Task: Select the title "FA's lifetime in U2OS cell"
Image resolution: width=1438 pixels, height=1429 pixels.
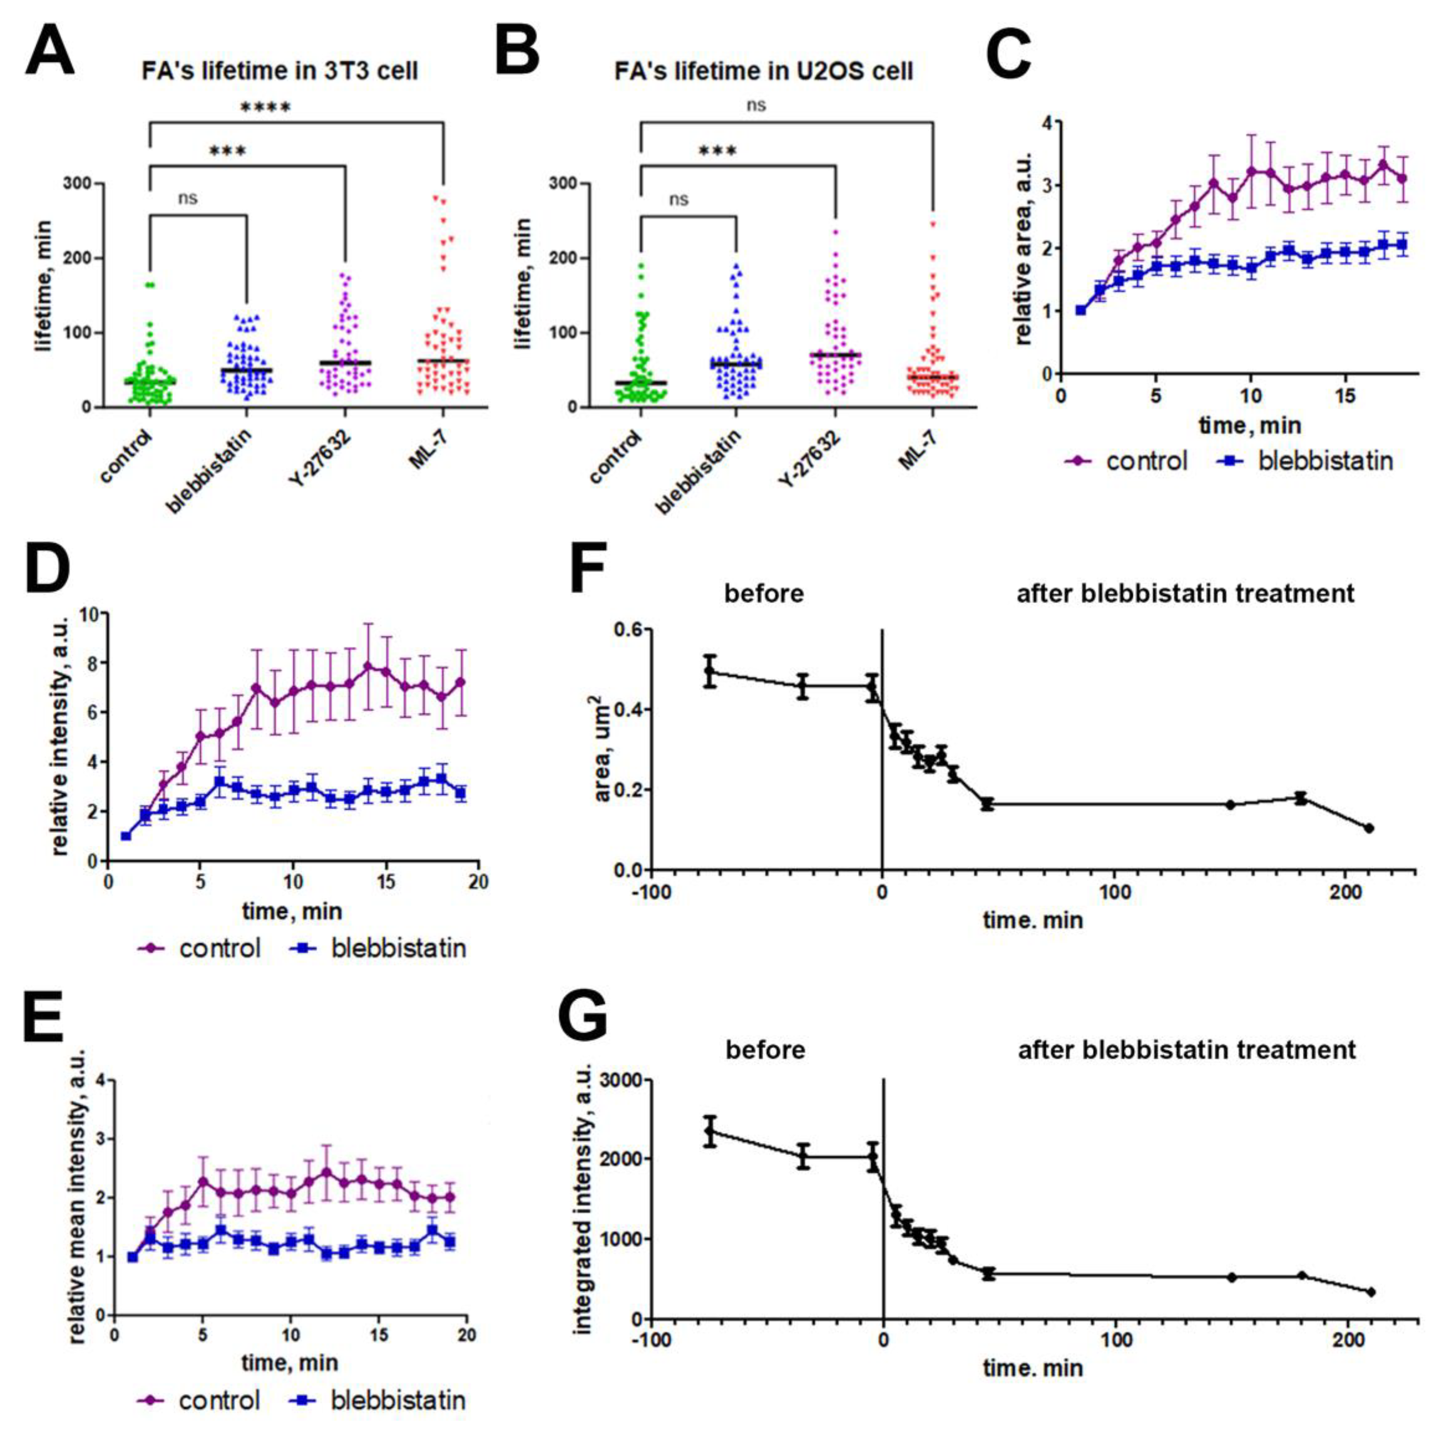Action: point(764,71)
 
